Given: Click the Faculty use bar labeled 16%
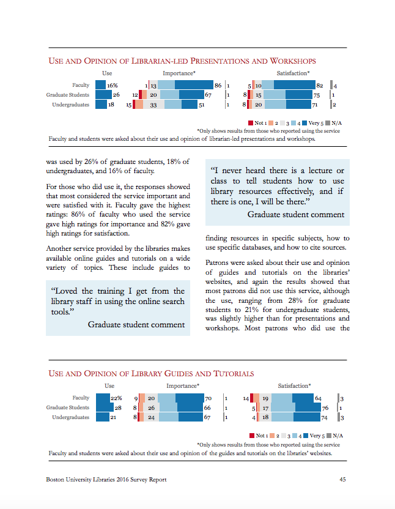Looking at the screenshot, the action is coord(100,85).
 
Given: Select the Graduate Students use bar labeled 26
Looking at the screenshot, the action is coord(103,95).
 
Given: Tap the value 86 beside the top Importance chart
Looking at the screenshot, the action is coord(218,86).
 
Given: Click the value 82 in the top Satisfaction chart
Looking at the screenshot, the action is coord(320,86).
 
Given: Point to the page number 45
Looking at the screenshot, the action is coord(343,479).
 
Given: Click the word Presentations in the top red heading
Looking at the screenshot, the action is coord(219,61).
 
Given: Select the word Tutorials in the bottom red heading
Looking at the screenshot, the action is coord(234,374).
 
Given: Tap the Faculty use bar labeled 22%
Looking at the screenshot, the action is coord(103,398).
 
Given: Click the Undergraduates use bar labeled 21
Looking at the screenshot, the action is coord(103,417).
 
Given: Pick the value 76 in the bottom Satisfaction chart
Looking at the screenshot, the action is coord(325,408).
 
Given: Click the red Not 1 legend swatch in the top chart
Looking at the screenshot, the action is coord(251,123).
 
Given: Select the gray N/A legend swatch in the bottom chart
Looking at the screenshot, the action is coord(329,436).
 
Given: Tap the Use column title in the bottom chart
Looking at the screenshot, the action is coord(109,385).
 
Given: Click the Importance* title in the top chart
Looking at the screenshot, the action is coord(179,73).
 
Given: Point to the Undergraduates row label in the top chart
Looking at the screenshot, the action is coord(71,105).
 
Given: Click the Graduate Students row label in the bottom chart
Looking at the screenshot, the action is coord(67,407).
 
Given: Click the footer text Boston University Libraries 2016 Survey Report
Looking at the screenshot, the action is coord(106,480).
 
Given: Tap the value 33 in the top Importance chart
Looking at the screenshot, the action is coord(153,105).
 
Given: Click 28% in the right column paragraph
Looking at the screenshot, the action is coord(295,300).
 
